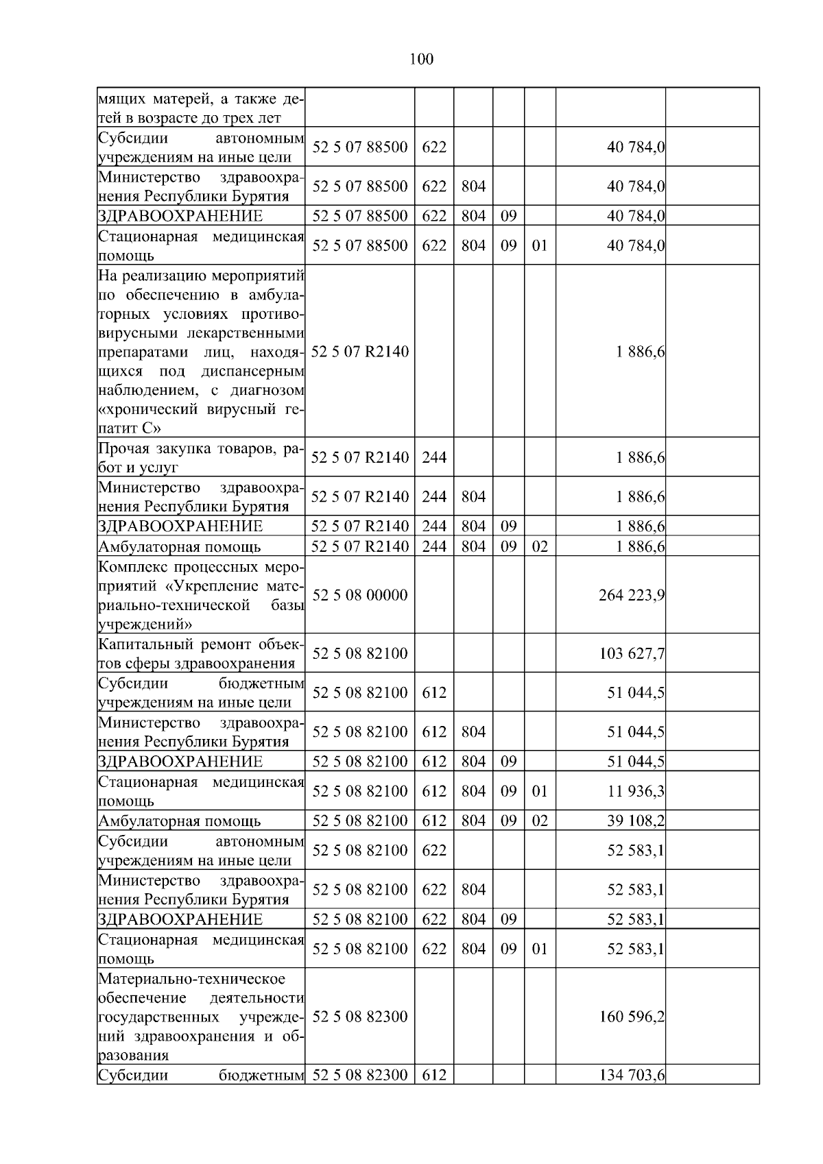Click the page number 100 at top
pos(421,60)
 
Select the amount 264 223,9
pos(631,595)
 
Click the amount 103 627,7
pos(631,653)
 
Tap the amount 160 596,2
pos(631,1017)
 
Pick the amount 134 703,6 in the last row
pos(631,1076)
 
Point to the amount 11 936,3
pos(635,792)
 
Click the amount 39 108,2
pos(635,821)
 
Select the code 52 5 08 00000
pos(359,595)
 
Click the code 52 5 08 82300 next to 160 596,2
pos(359,1017)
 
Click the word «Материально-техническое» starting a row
pos(191,978)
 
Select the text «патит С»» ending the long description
pos(130,429)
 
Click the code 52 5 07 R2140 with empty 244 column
pos(359,352)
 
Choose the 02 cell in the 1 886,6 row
pos(540,547)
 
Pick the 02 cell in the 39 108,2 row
pos(540,821)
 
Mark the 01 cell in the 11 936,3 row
pos(540,792)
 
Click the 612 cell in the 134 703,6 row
pos(433,1076)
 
